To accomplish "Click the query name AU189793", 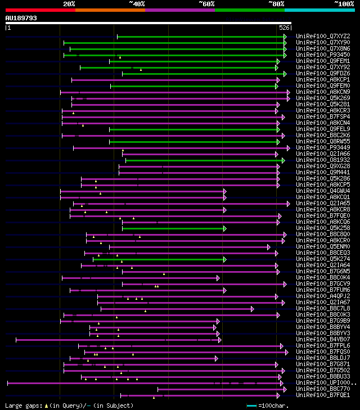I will pos(21,18).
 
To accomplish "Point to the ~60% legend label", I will pos(206,3).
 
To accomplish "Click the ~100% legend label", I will pos(344,3).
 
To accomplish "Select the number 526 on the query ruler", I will pos(284,28).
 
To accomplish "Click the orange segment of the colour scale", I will pos(110,10).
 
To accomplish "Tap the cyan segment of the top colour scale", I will pos(319,10).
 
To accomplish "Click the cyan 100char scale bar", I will pos(251,405).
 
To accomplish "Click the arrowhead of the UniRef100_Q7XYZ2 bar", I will pos(285,37).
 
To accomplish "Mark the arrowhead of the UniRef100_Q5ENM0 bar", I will pos(269,246).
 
